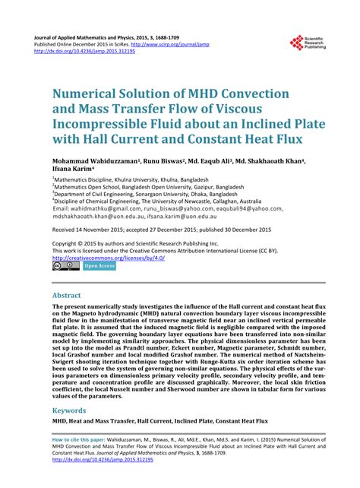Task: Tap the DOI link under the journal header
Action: click(x=92, y=51)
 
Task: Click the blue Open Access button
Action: click(x=99, y=266)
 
